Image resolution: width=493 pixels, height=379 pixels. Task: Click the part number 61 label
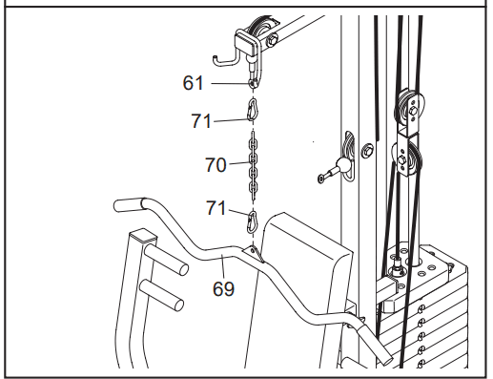(193, 83)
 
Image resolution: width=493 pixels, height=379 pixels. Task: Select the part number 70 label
(216, 165)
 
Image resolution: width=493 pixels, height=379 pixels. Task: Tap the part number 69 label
(223, 289)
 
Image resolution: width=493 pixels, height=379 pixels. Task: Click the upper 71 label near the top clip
(201, 121)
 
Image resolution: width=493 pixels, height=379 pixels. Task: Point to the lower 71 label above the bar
(216, 208)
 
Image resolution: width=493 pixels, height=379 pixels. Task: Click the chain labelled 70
(253, 166)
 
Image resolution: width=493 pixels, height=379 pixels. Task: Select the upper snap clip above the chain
(253, 109)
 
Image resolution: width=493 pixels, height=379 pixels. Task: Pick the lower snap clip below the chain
(252, 221)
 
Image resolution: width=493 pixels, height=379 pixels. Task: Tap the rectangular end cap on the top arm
(246, 43)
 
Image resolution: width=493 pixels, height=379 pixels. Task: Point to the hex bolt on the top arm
(272, 40)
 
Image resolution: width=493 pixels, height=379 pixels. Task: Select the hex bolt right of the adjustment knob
(367, 150)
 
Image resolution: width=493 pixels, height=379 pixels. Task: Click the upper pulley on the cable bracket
(408, 109)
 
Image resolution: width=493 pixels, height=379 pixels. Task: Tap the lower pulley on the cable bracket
(407, 159)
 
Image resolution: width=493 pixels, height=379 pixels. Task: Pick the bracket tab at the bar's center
(254, 253)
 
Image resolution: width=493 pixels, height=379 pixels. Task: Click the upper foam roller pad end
(167, 260)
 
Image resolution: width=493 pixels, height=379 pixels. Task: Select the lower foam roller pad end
(161, 295)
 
